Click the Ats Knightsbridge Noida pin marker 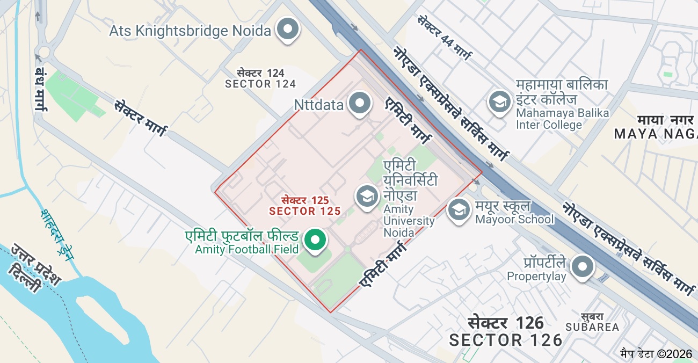pos(288,30)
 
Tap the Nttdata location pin pos(359,103)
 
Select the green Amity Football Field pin pos(315,239)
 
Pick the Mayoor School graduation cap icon pos(459,210)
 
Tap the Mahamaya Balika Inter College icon pos(499,102)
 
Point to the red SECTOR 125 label pos(305,211)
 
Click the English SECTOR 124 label pos(260,84)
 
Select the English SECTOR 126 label pos(506,340)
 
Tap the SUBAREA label pos(592,327)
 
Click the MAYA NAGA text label pos(655,134)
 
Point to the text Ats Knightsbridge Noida pos(190,31)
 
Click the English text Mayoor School pos(514,219)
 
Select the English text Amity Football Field pos(246,249)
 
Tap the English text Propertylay pos(537,277)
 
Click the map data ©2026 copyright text pos(656,353)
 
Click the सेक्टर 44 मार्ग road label pos(445,38)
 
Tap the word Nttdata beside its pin pos(319,105)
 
